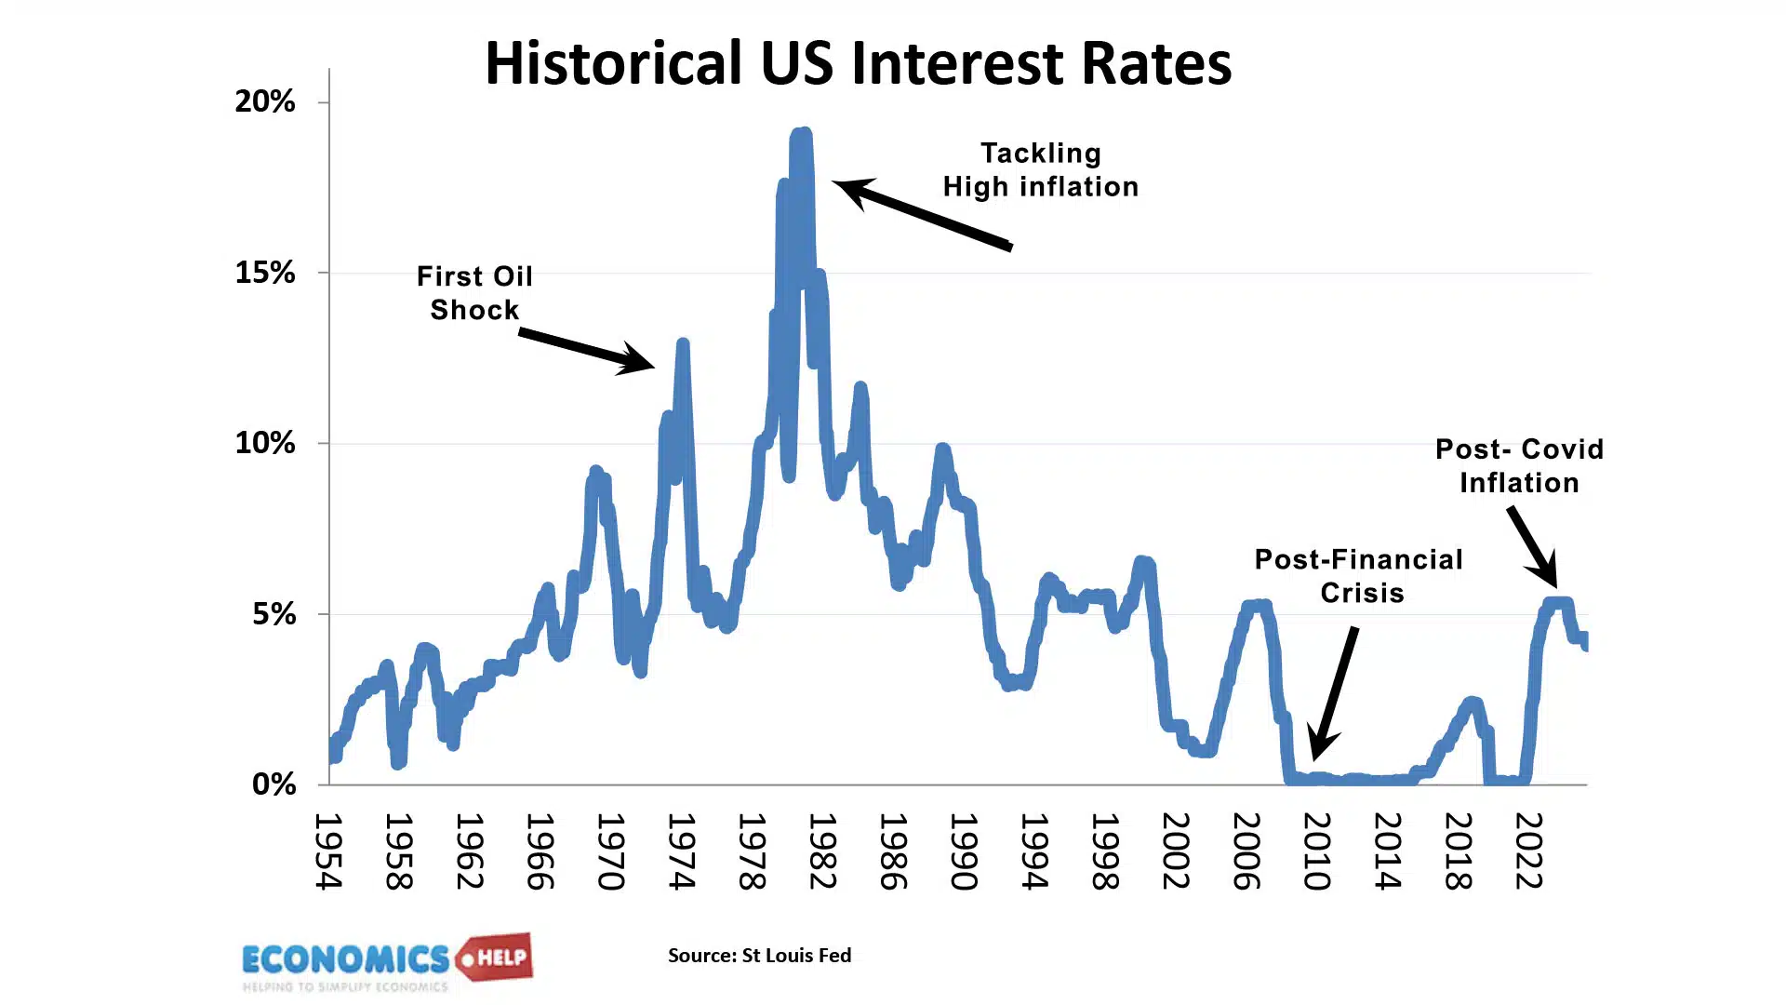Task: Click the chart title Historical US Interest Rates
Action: (858, 63)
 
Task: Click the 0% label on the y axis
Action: (273, 784)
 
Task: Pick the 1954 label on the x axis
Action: (328, 851)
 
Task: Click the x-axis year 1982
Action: (822, 851)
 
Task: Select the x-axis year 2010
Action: (1316, 851)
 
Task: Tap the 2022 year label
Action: (1528, 851)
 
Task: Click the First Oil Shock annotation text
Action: (474, 293)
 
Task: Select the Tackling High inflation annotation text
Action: (1040, 170)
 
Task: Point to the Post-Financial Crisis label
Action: (1359, 576)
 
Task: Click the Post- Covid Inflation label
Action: (1519, 466)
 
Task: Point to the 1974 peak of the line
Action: (683, 345)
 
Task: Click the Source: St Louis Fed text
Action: (759, 956)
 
